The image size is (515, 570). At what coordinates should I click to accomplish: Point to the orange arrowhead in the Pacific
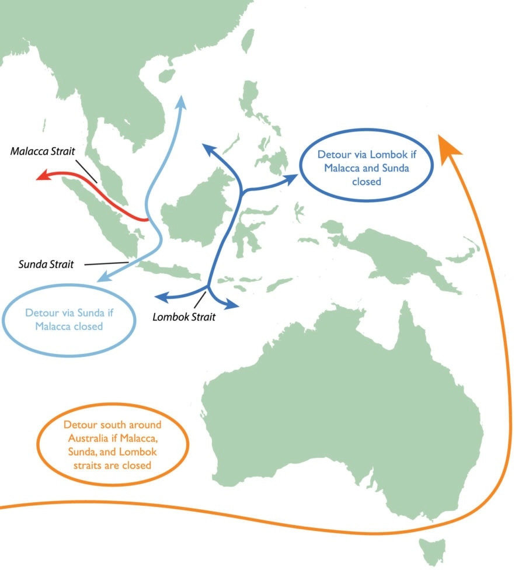[449, 144]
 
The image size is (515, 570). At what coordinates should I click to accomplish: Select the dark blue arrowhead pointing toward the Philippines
[290, 179]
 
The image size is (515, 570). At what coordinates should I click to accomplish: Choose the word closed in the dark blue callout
[366, 182]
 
